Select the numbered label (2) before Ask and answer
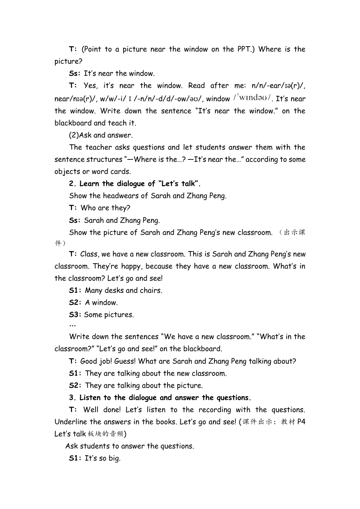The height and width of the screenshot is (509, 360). [74, 135]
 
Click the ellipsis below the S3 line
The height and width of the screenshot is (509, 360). [72, 325]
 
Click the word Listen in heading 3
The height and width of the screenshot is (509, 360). [90, 398]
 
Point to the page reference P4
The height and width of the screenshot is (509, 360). [301, 422]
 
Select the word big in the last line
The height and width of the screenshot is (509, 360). [114, 458]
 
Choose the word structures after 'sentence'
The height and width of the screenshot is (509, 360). [104, 159]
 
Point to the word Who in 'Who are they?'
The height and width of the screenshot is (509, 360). [88, 208]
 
